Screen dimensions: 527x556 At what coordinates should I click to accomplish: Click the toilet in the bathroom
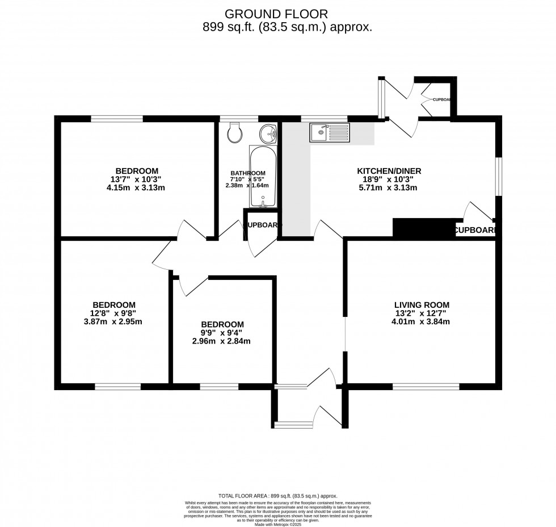pyautogui.click(x=233, y=134)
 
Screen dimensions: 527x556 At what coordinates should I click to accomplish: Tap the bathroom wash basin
pyautogui.click(x=268, y=134)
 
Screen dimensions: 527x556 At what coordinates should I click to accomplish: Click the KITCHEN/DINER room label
pyautogui.click(x=389, y=171)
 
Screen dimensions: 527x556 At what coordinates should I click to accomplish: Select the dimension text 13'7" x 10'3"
pyautogui.click(x=137, y=179)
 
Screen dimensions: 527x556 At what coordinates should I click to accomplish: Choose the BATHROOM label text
pyautogui.click(x=248, y=173)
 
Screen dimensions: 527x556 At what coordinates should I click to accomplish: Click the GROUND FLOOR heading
pyautogui.click(x=277, y=14)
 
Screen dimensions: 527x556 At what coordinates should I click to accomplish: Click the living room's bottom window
pyautogui.click(x=426, y=386)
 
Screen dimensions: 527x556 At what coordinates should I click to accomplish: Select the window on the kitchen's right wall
pyautogui.click(x=498, y=177)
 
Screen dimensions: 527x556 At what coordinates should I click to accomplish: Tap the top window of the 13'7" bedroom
pyautogui.click(x=117, y=119)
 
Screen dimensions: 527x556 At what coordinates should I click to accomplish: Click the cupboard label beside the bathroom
pyautogui.click(x=262, y=225)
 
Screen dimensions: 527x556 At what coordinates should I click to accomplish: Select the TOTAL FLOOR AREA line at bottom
pyautogui.click(x=277, y=496)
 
